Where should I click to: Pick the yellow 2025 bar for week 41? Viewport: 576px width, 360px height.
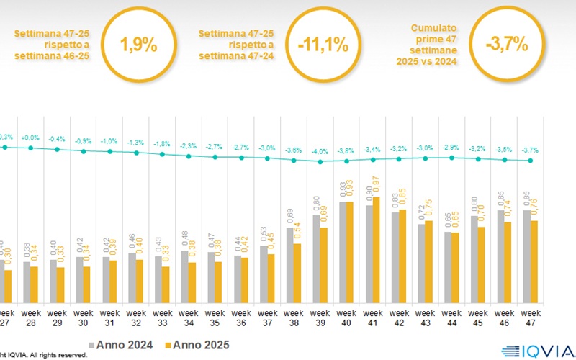[x=376, y=249]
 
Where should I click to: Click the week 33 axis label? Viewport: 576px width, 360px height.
[x=162, y=318]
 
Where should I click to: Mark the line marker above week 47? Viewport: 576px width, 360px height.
[x=531, y=161]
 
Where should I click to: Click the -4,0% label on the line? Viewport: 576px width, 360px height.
[x=320, y=152]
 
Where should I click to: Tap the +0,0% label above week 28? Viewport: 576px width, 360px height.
[x=31, y=138]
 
